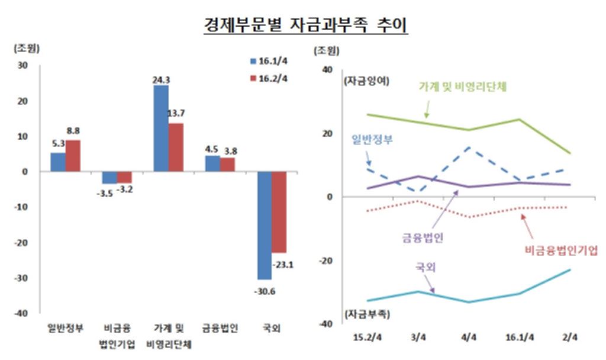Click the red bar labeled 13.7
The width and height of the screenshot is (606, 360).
coord(176,147)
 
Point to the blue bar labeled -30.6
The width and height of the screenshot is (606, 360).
coord(264,225)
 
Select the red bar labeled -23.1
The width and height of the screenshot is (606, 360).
coord(279,212)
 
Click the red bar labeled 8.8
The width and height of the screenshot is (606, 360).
coord(73,156)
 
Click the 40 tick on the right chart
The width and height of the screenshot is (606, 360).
coord(328,70)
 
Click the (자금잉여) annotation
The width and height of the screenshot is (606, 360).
coord(366,82)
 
